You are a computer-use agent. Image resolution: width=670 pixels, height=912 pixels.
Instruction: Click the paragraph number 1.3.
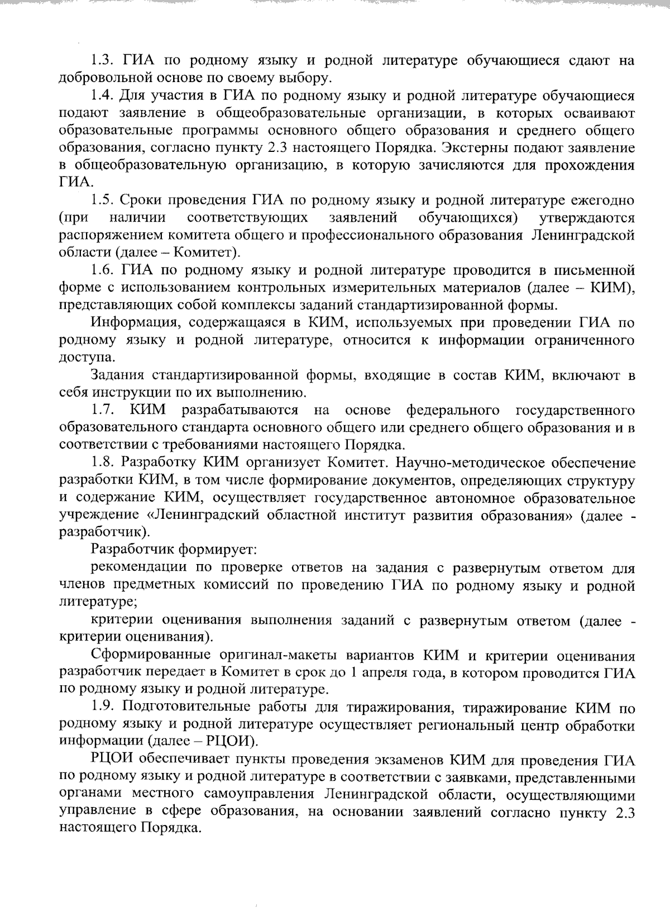pos(102,61)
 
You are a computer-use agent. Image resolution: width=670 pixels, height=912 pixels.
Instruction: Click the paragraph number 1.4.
pos(103,96)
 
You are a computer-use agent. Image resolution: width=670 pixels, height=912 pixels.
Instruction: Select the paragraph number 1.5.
pos(102,200)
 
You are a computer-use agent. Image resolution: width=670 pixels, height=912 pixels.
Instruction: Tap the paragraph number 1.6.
pos(103,270)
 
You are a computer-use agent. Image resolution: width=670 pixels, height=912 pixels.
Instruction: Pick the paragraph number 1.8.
pos(103,462)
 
